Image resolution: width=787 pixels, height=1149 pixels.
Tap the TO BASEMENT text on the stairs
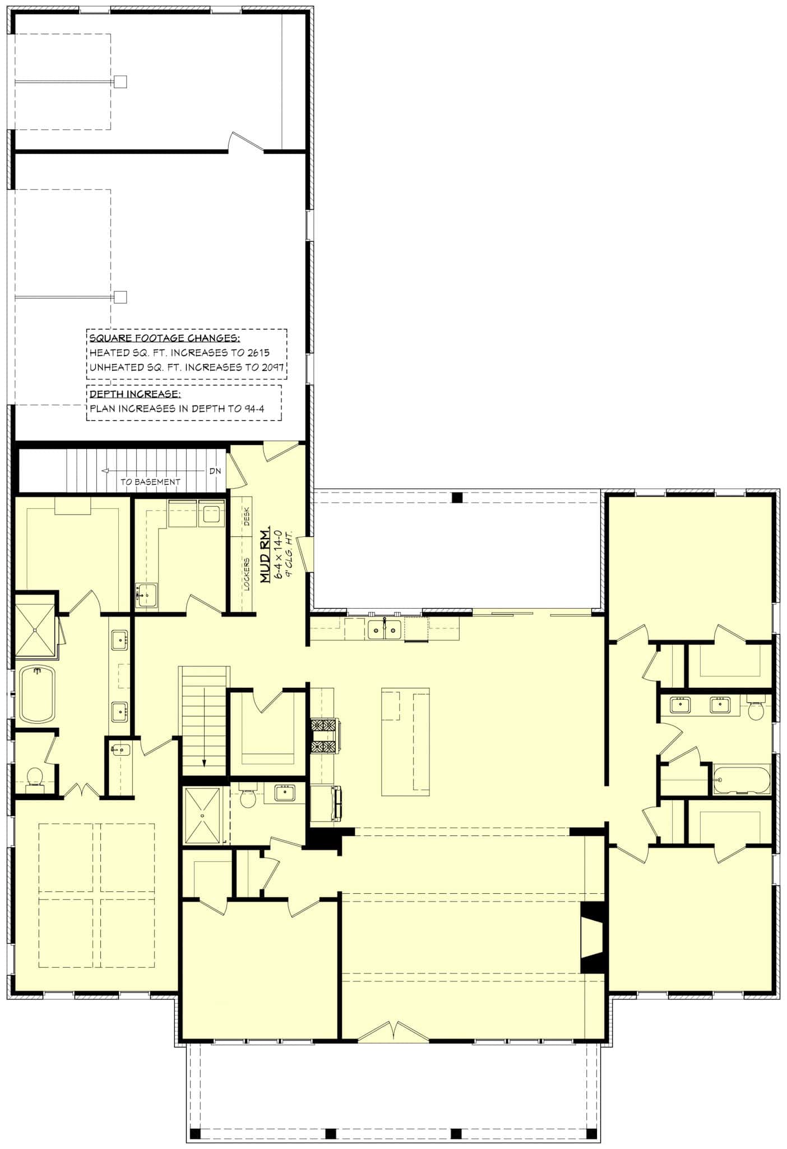point(150,481)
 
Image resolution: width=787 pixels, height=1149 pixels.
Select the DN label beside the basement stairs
point(215,471)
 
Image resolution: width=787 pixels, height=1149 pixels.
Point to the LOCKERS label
point(247,574)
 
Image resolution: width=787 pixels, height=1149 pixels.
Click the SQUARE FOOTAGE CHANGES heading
point(165,338)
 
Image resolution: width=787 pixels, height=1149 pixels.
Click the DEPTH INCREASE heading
point(135,394)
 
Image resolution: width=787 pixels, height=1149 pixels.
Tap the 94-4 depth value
point(254,408)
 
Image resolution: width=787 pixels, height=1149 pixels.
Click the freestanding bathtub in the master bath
point(38,694)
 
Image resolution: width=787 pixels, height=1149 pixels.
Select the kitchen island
point(405,742)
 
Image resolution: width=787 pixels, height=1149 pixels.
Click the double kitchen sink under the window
point(385,629)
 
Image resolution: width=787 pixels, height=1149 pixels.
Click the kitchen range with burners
point(325,736)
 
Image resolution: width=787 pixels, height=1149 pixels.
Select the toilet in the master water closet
point(35,776)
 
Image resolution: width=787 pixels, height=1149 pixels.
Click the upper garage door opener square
point(121,82)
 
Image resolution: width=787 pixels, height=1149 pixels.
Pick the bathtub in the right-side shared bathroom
point(741,780)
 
